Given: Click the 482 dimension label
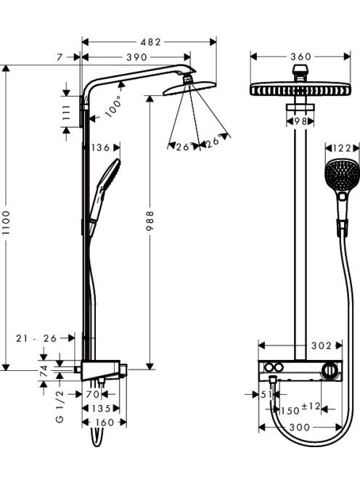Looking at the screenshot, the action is click(x=151, y=42).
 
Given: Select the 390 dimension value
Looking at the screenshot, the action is click(x=136, y=57).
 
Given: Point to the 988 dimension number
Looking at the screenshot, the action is click(x=150, y=221).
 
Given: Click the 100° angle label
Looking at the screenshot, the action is click(x=113, y=106).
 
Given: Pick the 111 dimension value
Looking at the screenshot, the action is click(x=66, y=113).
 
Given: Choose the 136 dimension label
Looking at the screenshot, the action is click(x=101, y=147).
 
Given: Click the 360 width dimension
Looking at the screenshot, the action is click(x=301, y=57).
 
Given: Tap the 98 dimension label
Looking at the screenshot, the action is click(x=300, y=121).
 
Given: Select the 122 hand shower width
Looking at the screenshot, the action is click(x=342, y=149).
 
